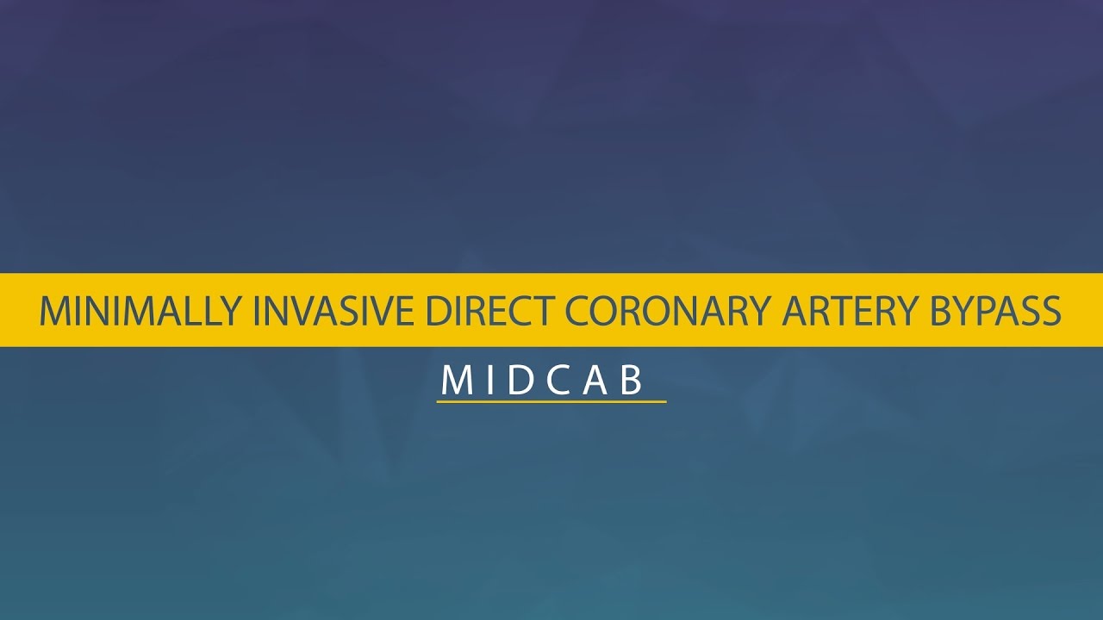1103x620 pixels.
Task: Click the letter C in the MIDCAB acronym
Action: tap(558, 381)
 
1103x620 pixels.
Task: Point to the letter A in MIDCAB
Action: tap(596, 381)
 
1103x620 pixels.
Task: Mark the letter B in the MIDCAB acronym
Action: tap(633, 381)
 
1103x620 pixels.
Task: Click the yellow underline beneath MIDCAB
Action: tap(551, 401)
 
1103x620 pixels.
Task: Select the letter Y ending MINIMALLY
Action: tap(230, 311)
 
